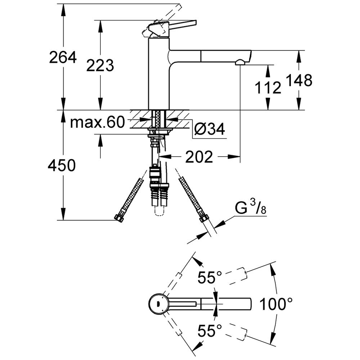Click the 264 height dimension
click(x=63, y=57)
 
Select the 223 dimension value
click(x=100, y=66)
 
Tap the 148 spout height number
click(x=299, y=81)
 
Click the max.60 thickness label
click(x=97, y=122)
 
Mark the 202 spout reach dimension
click(x=199, y=157)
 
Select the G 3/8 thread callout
click(x=251, y=208)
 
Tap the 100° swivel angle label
click(x=276, y=305)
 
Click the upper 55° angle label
click(x=210, y=278)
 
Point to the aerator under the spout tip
click(x=239, y=63)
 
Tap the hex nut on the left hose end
click(x=118, y=218)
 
